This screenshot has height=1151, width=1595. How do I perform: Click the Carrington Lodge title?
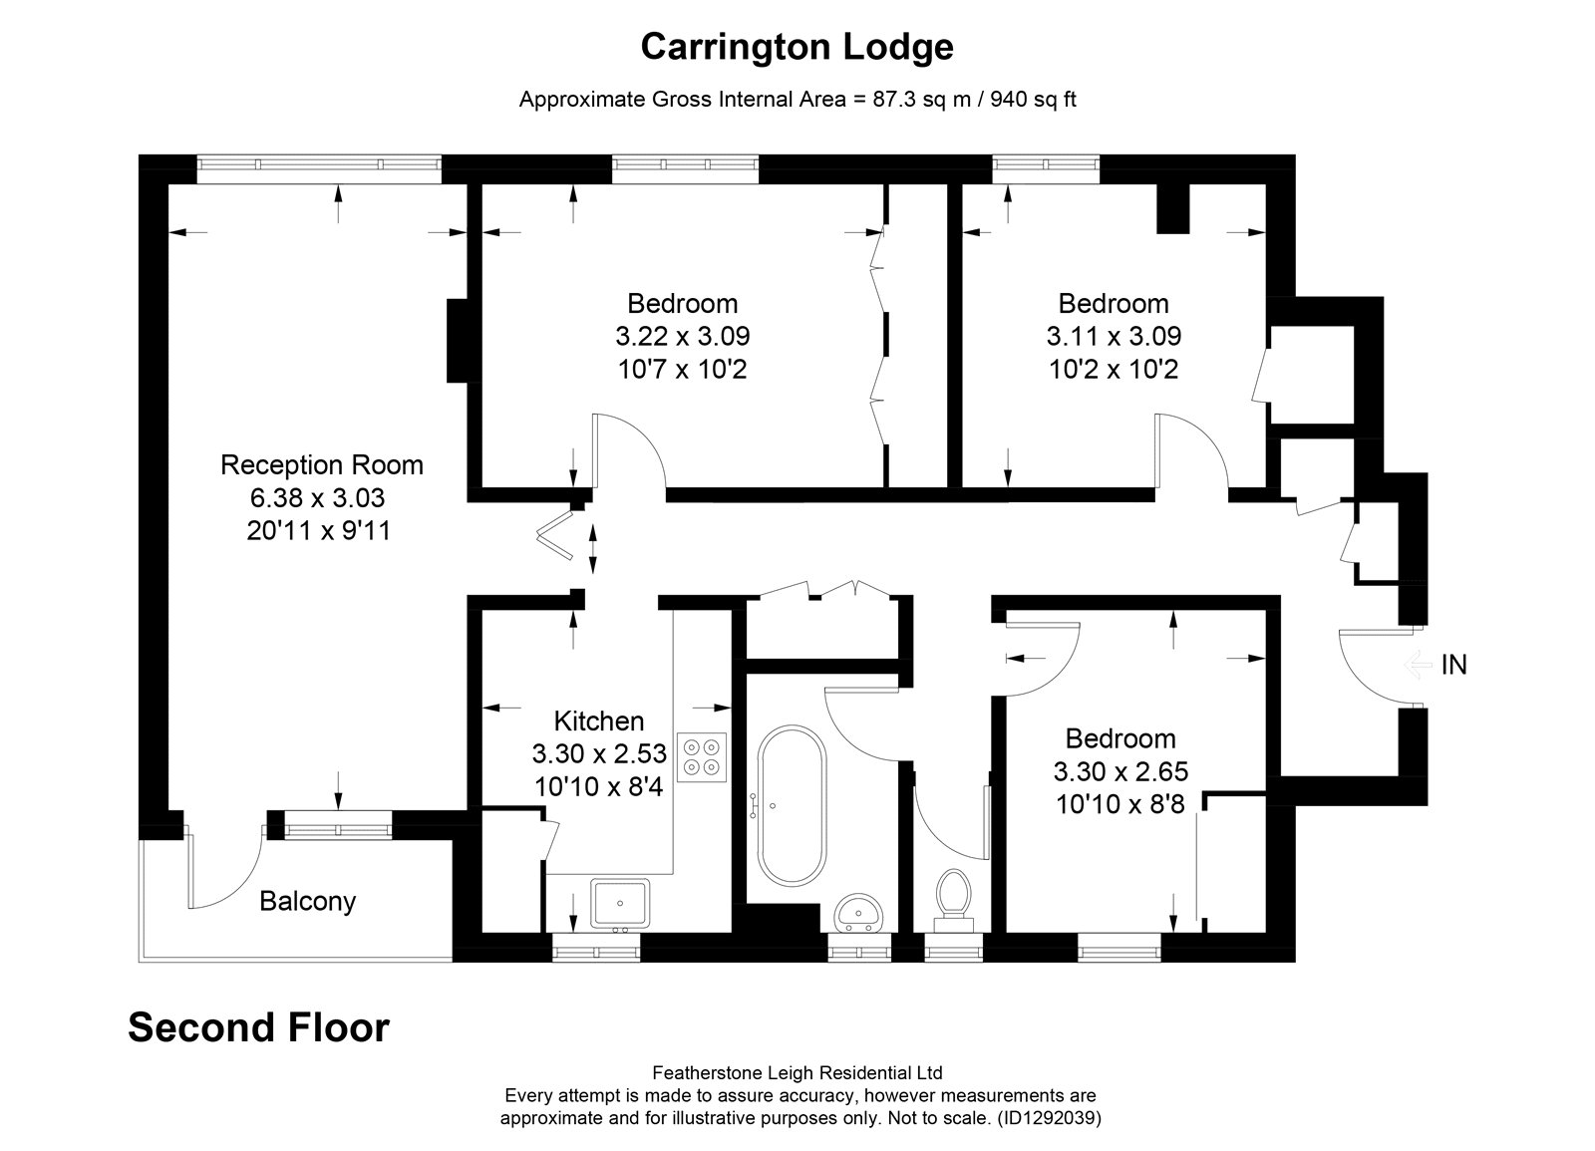(797, 48)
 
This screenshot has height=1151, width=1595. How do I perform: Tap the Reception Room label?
(322, 464)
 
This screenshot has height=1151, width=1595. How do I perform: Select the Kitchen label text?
(599, 721)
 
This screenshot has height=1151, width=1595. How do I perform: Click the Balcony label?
(308, 901)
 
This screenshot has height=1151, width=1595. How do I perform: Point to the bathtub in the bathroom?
(792, 806)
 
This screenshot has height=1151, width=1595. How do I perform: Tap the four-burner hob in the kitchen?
(702, 757)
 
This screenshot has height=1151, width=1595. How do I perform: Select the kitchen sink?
(619, 903)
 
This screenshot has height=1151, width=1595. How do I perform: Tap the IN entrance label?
(1454, 665)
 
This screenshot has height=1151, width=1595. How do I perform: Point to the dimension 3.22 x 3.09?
(683, 336)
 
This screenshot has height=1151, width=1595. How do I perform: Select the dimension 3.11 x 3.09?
(1114, 336)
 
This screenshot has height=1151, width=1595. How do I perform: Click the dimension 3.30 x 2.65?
(1120, 771)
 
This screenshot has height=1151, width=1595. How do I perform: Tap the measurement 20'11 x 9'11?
(319, 531)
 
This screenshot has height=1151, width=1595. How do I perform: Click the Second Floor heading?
(258, 1027)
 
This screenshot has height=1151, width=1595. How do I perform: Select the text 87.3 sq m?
(922, 99)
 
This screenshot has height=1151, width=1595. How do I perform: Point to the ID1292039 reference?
(1051, 1117)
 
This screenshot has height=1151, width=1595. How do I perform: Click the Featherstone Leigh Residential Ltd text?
(797, 1072)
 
